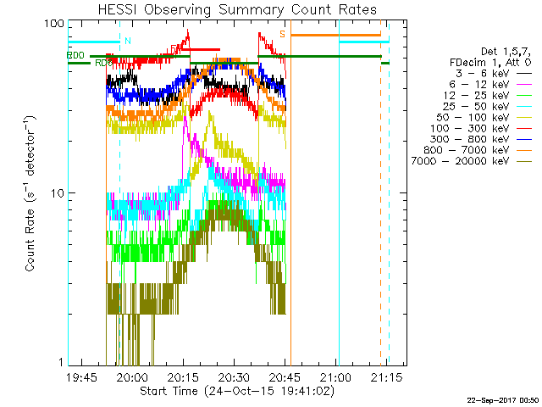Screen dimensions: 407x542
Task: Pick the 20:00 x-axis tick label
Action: [133, 376]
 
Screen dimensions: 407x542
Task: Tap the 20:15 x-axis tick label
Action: [183, 376]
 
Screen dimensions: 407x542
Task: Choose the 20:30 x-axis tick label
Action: [234, 376]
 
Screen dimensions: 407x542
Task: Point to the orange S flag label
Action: [282, 34]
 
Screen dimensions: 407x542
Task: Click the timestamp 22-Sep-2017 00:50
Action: [503, 399]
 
